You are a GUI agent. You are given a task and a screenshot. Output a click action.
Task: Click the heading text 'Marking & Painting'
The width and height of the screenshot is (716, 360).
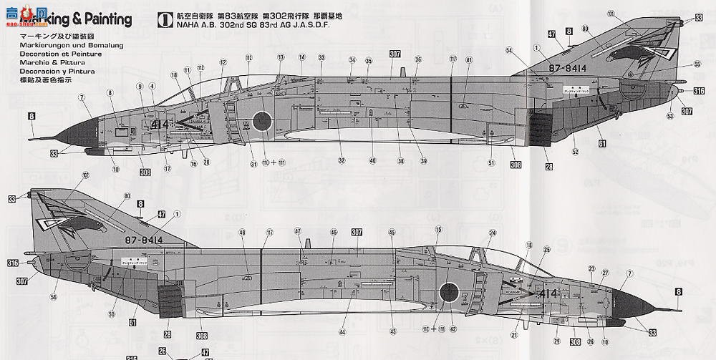coord(78,19)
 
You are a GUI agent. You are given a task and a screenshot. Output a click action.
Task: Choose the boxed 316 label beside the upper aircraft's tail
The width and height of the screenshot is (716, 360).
coord(699,91)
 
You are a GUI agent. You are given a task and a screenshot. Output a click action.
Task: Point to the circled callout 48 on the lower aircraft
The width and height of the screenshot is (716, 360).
coord(242,233)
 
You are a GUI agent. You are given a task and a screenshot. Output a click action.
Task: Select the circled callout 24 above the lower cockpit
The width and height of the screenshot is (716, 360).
coord(492,233)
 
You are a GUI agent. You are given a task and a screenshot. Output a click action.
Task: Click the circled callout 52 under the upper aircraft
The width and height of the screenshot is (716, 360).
coord(575,152)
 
